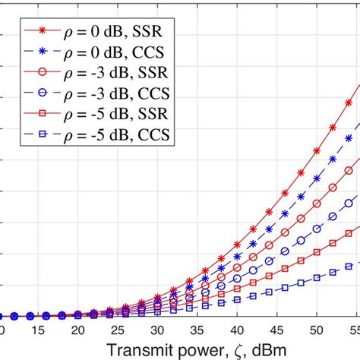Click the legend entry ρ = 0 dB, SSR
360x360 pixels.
[x=114, y=33]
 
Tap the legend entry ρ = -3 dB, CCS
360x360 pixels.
[x=114, y=95]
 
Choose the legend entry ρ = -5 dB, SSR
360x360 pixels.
[x=114, y=115]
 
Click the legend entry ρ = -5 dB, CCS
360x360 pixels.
[x=114, y=136]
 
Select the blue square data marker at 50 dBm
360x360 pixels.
[x=317, y=277]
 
